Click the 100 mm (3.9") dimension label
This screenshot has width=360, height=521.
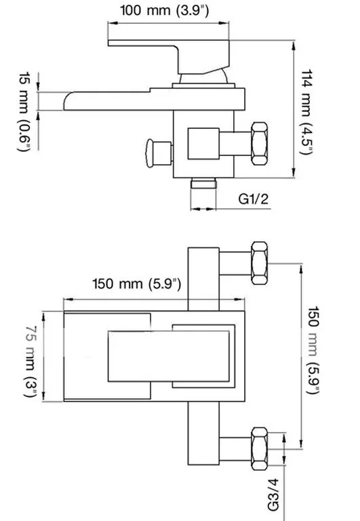(164, 10)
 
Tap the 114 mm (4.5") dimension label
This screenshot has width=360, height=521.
(306, 112)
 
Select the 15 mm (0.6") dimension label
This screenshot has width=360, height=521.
(24, 112)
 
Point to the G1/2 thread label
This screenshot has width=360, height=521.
(254, 199)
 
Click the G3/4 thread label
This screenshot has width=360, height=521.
(273, 495)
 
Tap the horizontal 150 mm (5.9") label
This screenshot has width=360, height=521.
(137, 284)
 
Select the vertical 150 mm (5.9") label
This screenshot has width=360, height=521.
(313, 350)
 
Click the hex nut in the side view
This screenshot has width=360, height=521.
(260, 144)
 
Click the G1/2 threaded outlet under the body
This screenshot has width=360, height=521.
(203, 183)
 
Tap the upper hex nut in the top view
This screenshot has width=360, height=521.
(260, 263)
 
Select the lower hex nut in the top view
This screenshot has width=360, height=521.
(260, 448)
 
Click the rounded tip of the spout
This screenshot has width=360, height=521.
(66, 101)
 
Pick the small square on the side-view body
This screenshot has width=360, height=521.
(203, 144)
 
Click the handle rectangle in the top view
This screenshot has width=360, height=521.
(169, 356)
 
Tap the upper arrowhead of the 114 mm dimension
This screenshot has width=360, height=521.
(294, 45)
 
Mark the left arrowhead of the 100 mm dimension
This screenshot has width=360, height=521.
(113, 23)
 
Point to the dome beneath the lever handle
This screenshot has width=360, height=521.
(204, 77)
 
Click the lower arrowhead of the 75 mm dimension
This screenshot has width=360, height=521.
(43, 396)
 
